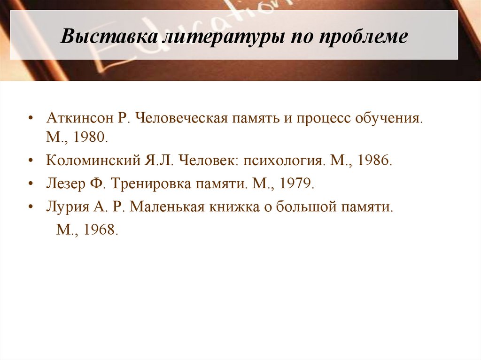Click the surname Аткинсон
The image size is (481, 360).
(x=80, y=118)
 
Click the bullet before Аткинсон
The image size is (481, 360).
(x=31, y=118)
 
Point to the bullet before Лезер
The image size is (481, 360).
(x=31, y=183)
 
